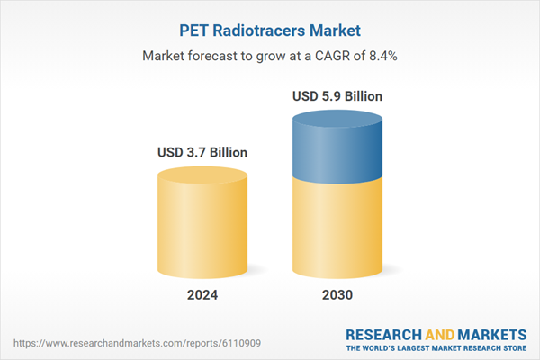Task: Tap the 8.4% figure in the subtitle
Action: [381, 56]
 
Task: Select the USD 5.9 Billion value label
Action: [337, 95]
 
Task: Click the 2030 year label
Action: [337, 295]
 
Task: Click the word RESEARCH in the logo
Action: [384, 332]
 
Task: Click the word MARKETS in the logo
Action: [490, 332]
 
